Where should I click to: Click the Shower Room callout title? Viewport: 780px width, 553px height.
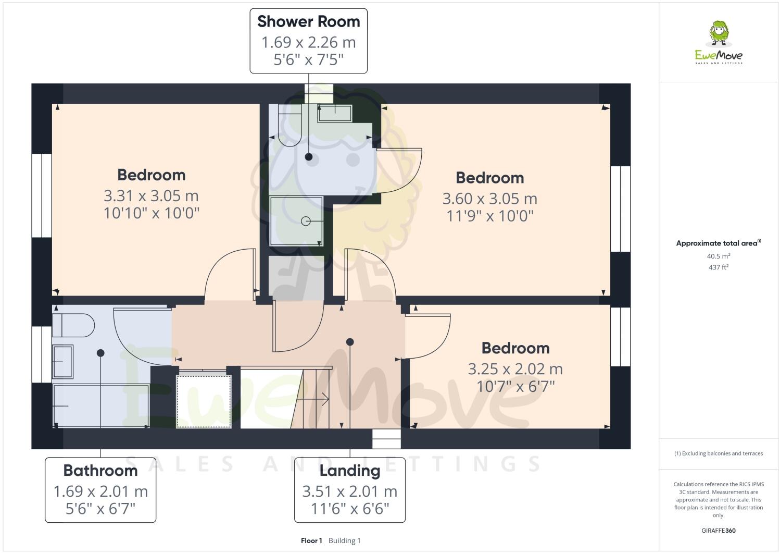(x=308, y=22)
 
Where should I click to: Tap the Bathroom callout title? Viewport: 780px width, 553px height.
(x=100, y=471)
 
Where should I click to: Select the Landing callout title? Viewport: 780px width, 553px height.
(x=349, y=471)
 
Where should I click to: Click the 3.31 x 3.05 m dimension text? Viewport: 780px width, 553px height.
(x=151, y=196)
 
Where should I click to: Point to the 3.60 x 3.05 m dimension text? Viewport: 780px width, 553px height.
(x=489, y=199)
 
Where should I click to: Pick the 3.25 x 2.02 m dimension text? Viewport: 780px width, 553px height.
(x=515, y=369)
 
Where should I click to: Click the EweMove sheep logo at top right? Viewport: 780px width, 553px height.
(x=719, y=34)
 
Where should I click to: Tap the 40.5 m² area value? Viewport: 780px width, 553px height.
(x=718, y=256)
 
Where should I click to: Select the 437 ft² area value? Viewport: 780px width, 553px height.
(x=718, y=267)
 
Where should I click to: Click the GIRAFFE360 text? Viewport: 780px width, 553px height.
(x=718, y=531)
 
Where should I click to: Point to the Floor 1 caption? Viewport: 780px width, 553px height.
(x=311, y=540)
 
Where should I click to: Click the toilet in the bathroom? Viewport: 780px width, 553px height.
(x=73, y=326)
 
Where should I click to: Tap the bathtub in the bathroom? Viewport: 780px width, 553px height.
(x=100, y=405)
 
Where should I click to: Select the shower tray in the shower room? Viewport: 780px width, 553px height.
(x=296, y=221)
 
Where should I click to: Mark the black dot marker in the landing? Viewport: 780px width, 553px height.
(x=350, y=342)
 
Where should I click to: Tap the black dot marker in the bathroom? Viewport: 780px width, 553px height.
(x=100, y=353)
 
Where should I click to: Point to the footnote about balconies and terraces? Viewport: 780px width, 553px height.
(x=718, y=453)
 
